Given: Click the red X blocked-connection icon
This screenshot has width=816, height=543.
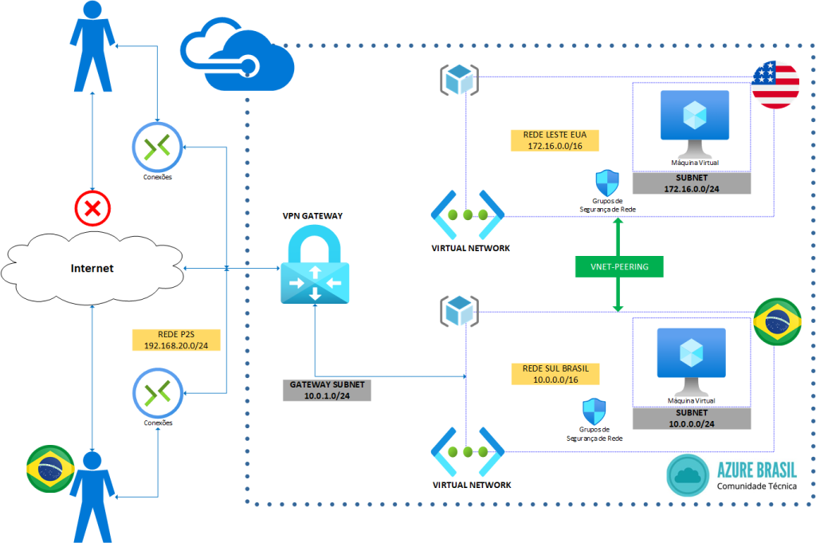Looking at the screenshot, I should coord(94,210).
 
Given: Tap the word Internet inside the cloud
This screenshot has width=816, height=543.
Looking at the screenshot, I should coord(92,268).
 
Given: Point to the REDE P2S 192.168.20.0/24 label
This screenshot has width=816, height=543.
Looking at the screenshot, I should coord(176,340).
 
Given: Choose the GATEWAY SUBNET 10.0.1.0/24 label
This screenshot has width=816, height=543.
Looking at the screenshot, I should coord(327,390).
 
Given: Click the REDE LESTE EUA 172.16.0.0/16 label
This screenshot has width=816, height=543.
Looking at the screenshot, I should coord(550,140).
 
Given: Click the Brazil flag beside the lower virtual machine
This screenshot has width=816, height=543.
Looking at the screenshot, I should coord(777,322).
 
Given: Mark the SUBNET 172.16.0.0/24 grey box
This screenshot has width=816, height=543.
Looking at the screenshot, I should coord(691,183).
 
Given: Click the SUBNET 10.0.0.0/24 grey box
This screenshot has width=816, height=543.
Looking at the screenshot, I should coord(691,419).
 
